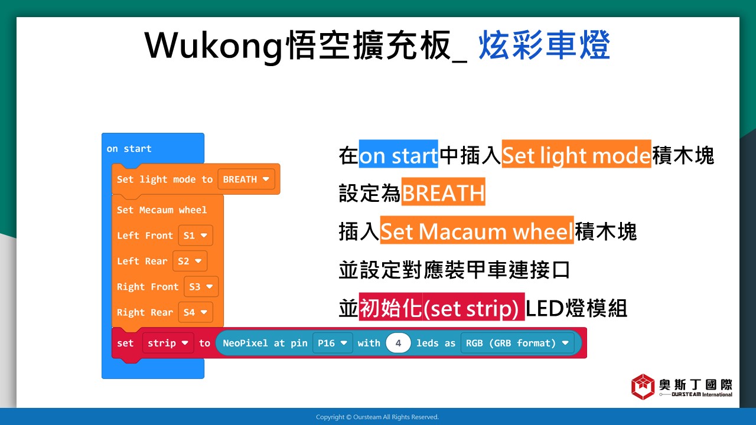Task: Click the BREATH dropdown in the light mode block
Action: coord(246,179)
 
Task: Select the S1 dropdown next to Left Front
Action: coord(195,235)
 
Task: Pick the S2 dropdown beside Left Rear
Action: coord(190,261)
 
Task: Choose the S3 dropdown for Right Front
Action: coord(201,286)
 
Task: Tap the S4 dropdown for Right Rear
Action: coord(195,312)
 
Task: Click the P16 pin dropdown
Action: coord(333,343)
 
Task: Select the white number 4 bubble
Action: coord(398,343)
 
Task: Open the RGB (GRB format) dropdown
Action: coord(517,343)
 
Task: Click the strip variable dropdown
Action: coord(168,343)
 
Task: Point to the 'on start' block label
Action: coord(129,148)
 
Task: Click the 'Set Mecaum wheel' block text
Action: coord(162,210)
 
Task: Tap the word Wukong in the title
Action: coord(213,45)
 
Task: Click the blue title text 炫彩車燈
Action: coord(544,45)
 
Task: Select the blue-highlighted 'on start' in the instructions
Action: coord(398,154)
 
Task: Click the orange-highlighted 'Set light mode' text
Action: coord(576,154)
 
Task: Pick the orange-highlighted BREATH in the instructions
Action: coord(443,192)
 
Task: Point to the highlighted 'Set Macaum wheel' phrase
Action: coord(477,230)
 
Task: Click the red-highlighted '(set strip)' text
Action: coord(471,307)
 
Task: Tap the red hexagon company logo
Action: coord(643,387)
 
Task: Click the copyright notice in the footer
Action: coord(377,417)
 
